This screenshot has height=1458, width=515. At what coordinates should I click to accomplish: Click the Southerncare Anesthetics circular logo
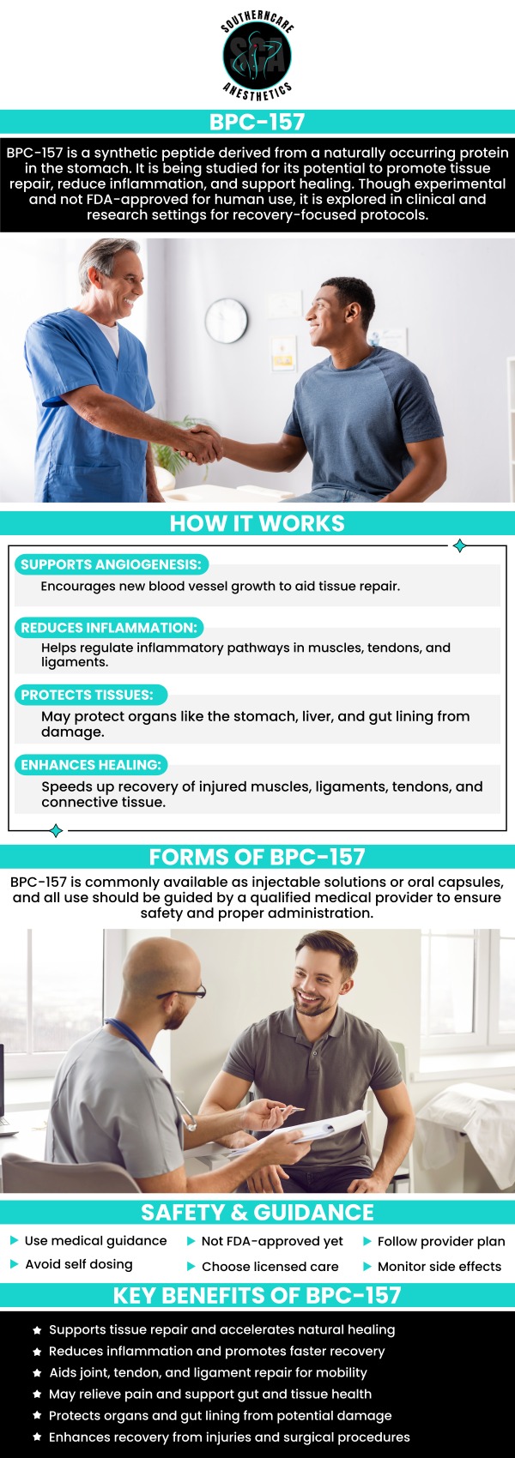pos(257,56)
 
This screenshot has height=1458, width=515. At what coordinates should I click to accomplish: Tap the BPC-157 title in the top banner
pos(257,122)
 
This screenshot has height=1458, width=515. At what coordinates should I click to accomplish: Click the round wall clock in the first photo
pos(227,319)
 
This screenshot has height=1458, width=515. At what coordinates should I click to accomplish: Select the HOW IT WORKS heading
pos(257,524)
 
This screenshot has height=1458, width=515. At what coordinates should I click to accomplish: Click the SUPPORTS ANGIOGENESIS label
pos(111,564)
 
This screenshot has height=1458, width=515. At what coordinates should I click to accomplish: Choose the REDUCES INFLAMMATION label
pos(109,628)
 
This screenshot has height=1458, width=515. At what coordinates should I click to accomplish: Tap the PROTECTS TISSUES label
pos(88,695)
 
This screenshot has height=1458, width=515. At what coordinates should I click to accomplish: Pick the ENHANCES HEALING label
pos(91,764)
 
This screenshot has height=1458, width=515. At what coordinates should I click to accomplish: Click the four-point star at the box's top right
pos(460,545)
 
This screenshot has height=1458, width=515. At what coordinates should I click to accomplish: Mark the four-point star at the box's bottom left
pos(56,830)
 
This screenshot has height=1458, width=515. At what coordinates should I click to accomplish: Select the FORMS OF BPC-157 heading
pos(257,857)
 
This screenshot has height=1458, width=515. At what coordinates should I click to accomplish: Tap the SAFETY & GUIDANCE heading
pos(257,1212)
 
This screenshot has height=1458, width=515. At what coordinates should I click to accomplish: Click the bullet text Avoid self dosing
pos(79,1264)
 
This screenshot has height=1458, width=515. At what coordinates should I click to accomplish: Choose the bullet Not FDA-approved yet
pos(272,1241)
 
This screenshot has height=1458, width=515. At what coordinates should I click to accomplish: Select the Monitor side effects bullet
pos(439,1266)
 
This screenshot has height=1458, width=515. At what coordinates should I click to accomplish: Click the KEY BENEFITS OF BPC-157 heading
pos(257,1295)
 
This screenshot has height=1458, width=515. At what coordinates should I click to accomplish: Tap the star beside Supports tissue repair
pos(37,1330)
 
